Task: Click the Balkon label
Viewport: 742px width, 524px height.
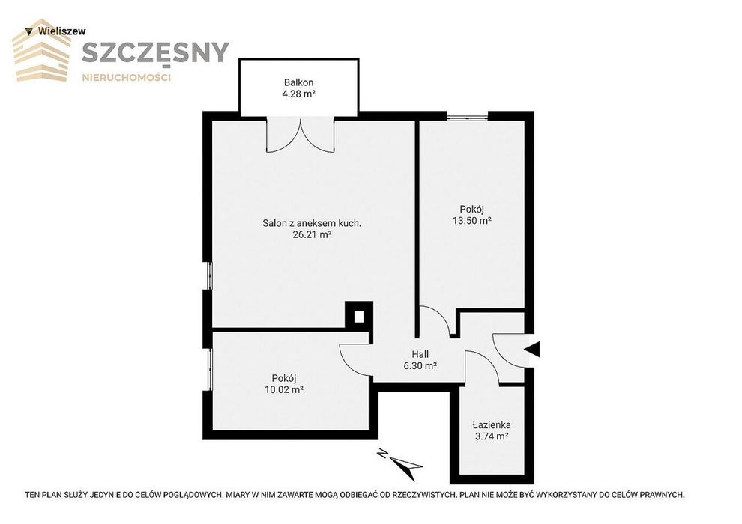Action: pyautogui.click(x=298, y=82)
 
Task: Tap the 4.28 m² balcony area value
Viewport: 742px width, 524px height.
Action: pyautogui.click(x=298, y=94)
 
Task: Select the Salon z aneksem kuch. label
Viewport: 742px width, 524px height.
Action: pyautogui.click(x=312, y=223)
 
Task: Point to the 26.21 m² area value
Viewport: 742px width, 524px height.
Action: pyautogui.click(x=312, y=234)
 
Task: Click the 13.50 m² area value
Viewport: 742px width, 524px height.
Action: pyautogui.click(x=472, y=220)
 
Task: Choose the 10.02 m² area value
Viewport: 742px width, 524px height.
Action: pyautogui.click(x=284, y=390)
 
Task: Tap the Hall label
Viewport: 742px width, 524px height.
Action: pyautogui.click(x=420, y=354)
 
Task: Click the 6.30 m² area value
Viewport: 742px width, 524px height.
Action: pyautogui.click(x=420, y=365)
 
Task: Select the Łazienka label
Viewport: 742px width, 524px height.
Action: pyautogui.click(x=492, y=424)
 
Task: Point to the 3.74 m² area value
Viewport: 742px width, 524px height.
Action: pyautogui.click(x=492, y=436)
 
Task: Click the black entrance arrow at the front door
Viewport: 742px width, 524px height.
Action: pyautogui.click(x=532, y=350)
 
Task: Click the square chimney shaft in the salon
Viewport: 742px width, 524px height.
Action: pyautogui.click(x=359, y=316)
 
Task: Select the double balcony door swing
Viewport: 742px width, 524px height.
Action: pyautogui.click(x=301, y=136)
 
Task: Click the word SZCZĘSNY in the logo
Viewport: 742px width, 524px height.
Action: pyautogui.click(x=155, y=52)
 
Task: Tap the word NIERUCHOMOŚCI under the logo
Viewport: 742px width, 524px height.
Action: pyautogui.click(x=127, y=78)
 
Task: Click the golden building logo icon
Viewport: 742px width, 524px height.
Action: pyautogui.click(x=42, y=50)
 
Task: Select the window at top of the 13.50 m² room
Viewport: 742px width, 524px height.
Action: pyautogui.click(x=468, y=116)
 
